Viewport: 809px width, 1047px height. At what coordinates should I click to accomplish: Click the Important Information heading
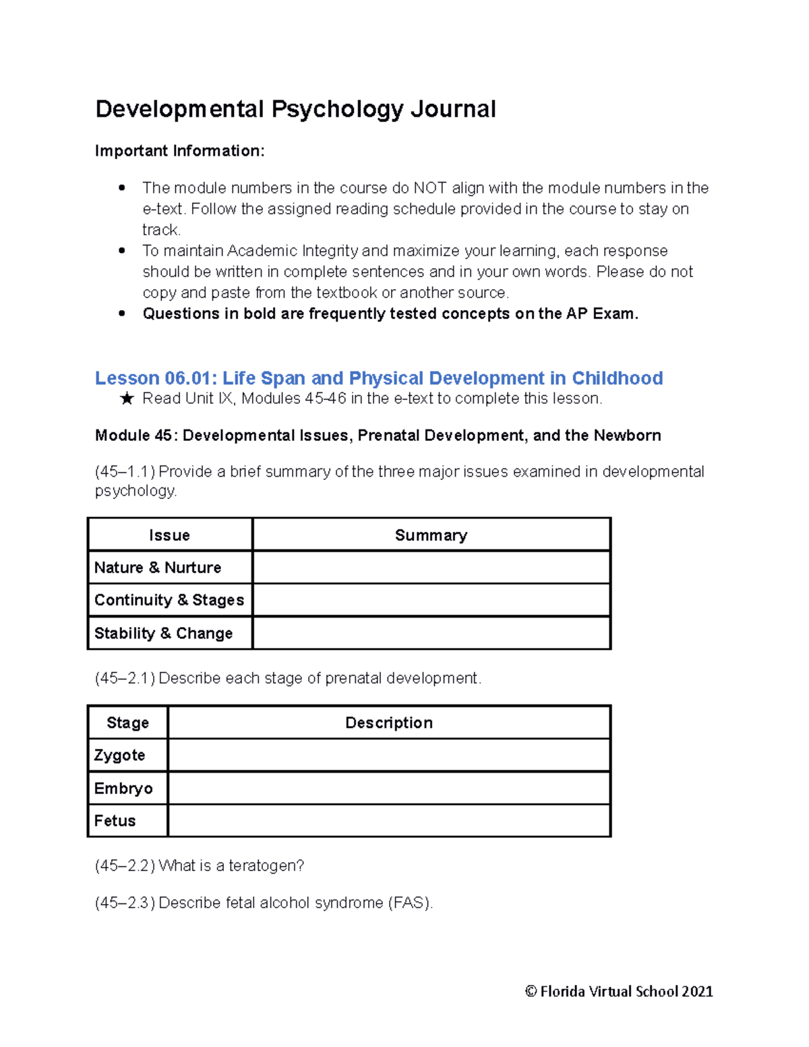pyautogui.click(x=179, y=151)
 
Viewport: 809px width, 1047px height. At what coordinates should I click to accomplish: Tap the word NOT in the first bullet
pyautogui.click(x=429, y=188)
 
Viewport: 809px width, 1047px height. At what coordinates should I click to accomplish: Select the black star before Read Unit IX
pyautogui.click(x=127, y=399)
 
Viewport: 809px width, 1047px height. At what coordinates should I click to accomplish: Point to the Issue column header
pyautogui.click(x=169, y=535)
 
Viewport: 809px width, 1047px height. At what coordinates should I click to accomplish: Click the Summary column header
pyautogui.click(x=431, y=535)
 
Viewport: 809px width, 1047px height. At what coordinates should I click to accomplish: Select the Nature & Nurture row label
pyautogui.click(x=158, y=568)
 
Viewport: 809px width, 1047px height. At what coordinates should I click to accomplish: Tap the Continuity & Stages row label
pyautogui.click(x=169, y=600)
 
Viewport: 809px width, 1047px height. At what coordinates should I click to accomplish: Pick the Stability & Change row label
pyautogui.click(x=163, y=633)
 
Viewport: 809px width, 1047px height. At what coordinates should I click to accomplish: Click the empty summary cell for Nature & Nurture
pyautogui.click(x=431, y=568)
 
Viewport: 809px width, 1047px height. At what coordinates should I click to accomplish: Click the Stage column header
pyautogui.click(x=127, y=723)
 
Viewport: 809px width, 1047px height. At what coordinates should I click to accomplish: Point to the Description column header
pyautogui.click(x=389, y=723)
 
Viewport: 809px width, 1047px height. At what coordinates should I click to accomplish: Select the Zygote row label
pyautogui.click(x=119, y=755)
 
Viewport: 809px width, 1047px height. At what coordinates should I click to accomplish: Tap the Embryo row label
pyautogui.click(x=123, y=788)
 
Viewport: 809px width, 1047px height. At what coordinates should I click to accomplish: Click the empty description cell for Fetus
pyautogui.click(x=389, y=820)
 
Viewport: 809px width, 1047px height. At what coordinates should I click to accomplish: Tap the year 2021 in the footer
pyautogui.click(x=696, y=992)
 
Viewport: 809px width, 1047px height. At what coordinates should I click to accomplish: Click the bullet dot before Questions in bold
pyautogui.click(x=122, y=313)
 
